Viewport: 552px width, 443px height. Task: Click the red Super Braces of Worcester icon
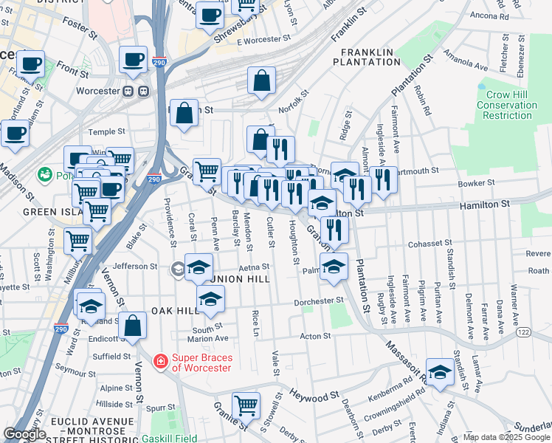[x=159, y=361]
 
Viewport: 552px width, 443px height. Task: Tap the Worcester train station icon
[x=135, y=92]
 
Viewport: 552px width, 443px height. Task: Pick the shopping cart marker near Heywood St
[x=246, y=405]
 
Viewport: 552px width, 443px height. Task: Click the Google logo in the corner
[x=24, y=434]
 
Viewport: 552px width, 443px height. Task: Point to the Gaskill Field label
[x=169, y=438]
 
